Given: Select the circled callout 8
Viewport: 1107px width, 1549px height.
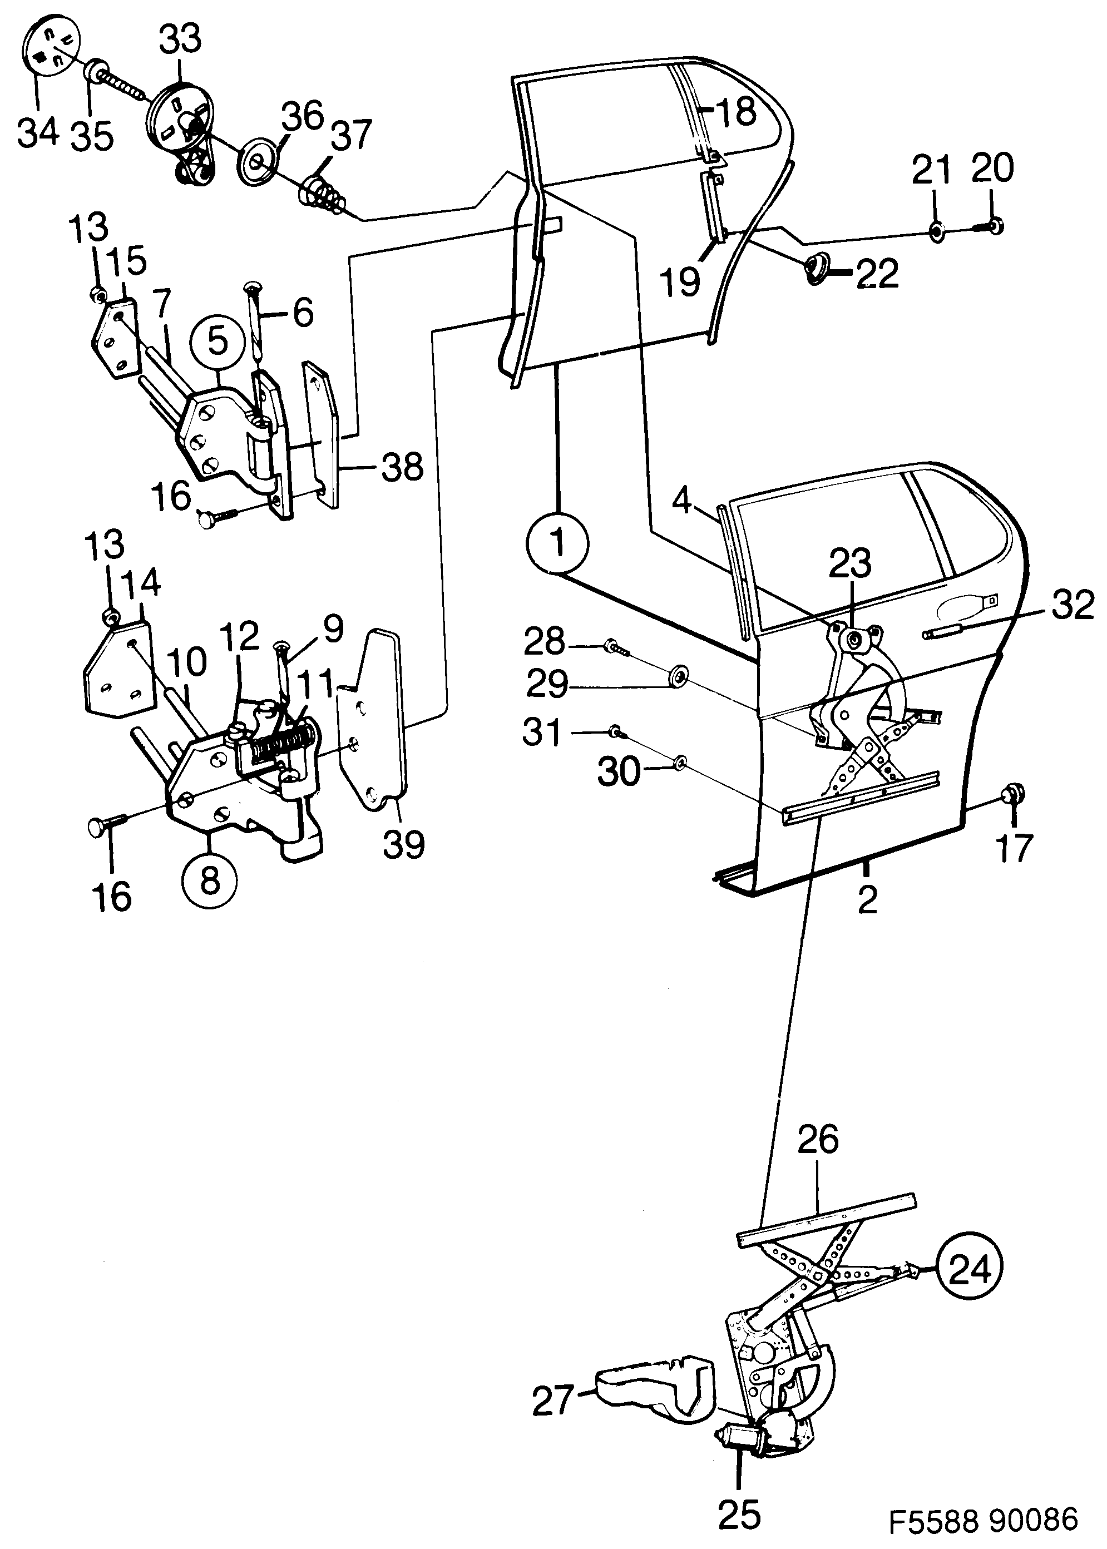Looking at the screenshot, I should coord(210,879).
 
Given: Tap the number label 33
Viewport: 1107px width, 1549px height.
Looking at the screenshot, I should coord(181,39).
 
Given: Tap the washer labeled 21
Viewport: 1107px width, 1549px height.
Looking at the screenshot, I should coord(937,232).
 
